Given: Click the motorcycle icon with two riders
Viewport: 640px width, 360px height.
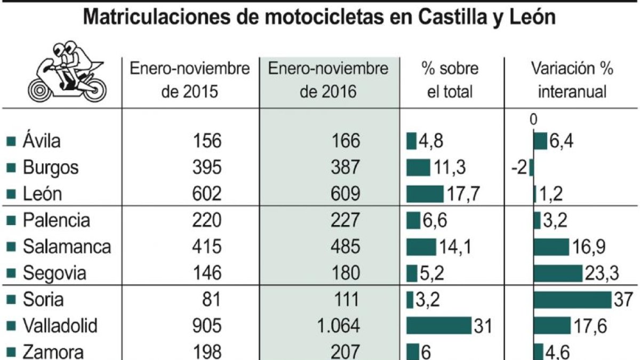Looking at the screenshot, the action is pyautogui.click(x=67, y=71).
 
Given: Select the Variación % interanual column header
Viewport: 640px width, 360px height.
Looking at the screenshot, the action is pyautogui.click(x=572, y=80).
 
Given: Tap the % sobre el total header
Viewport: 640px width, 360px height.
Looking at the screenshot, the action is pyautogui.click(x=450, y=80).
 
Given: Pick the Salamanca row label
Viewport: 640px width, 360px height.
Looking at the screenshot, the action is pyautogui.click(x=67, y=246).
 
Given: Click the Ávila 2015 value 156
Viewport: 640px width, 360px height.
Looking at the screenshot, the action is pyautogui.click(x=207, y=141).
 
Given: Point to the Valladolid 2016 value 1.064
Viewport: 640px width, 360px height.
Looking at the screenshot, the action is pyautogui.click(x=338, y=326).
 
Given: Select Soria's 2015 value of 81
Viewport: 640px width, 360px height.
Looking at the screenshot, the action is pyautogui.click(x=212, y=299).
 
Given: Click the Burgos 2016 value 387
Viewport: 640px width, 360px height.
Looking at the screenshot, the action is pyautogui.click(x=345, y=167).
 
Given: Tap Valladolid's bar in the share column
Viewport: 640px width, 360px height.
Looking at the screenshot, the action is pyautogui.click(x=439, y=325).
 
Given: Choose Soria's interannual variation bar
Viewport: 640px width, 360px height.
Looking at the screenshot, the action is pyautogui.click(x=573, y=300).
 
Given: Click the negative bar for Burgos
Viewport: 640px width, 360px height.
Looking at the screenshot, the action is pyautogui.click(x=531, y=167).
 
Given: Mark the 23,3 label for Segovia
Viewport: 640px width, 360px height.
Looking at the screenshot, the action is pyautogui.click(x=602, y=274).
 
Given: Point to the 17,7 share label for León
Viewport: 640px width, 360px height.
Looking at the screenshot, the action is pyautogui.click(x=463, y=194).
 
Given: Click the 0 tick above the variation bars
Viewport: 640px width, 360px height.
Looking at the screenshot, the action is pyautogui.click(x=533, y=119).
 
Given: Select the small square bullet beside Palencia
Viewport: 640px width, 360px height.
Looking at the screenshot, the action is pyautogui.click(x=11, y=220).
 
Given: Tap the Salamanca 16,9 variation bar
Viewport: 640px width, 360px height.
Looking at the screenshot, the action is pyautogui.click(x=551, y=247).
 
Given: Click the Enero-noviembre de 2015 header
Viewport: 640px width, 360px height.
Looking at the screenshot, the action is pyautogui.click(x=190, y=80).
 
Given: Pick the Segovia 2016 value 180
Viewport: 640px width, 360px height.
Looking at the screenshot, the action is pyautogui.click(x=346, y=273).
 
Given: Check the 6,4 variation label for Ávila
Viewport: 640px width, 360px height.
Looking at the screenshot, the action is pyautogui.click(x=562, y=141).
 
